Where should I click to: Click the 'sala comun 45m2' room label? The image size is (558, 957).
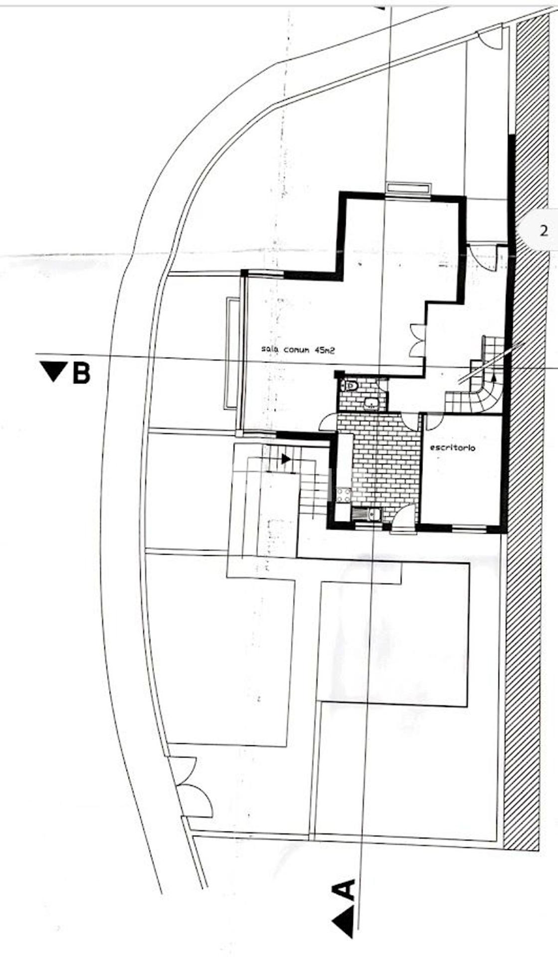click(x=298, y=350)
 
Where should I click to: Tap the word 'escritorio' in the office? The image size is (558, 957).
click(x=452, y=448)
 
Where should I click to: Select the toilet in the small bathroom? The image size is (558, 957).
click(x=349, y=385)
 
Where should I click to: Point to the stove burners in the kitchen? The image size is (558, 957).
click(x=344, y=494)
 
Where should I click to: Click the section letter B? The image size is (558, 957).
click(x=81, y=372)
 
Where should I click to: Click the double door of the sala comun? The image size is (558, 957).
click(x=417, y=340)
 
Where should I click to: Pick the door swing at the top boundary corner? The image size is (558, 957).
click(x=491, y=38)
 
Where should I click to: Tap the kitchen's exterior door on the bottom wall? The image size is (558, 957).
click(x=404, y=518)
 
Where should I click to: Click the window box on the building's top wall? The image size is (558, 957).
click(x=408, y=188)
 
